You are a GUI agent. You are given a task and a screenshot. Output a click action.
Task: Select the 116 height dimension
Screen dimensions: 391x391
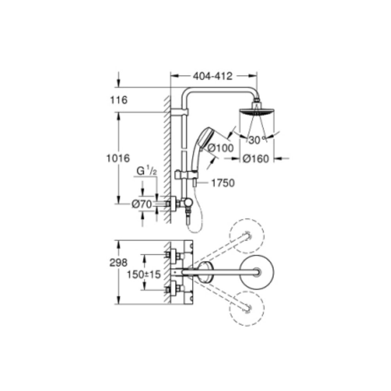(x=119, y=100)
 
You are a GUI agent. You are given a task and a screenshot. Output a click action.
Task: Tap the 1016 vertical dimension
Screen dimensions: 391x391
(x=117, y=158)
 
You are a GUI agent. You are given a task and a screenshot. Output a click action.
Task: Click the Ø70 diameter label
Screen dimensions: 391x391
(x=141, y=204)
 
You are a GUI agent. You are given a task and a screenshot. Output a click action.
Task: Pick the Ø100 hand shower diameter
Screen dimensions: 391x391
(x=221, y=148)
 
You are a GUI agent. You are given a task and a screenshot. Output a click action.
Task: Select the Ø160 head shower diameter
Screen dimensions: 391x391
(x=255, y=159)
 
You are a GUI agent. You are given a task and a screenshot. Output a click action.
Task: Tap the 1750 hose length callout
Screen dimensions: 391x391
(x=223, y=183)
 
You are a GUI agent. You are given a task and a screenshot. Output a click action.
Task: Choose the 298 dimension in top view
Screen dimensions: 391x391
(x=118, y=263)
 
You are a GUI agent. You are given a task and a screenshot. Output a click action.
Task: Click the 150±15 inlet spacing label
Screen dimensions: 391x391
(x=143, y=274)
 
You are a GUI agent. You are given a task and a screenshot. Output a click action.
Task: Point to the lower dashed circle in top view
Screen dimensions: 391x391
(x=247, y=309)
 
